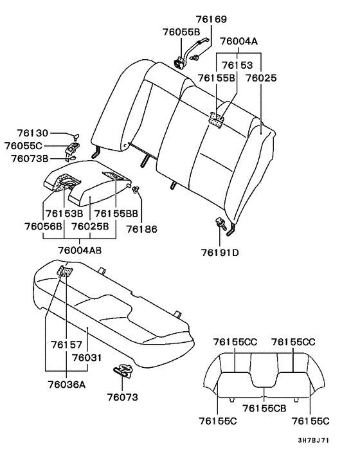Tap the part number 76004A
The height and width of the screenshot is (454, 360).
239,41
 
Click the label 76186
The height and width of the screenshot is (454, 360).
141,228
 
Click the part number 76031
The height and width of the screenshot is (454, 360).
87,357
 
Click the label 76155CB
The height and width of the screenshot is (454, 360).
264,407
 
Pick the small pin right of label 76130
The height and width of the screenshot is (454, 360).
76,135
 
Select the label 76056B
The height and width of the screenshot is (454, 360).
44,226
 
